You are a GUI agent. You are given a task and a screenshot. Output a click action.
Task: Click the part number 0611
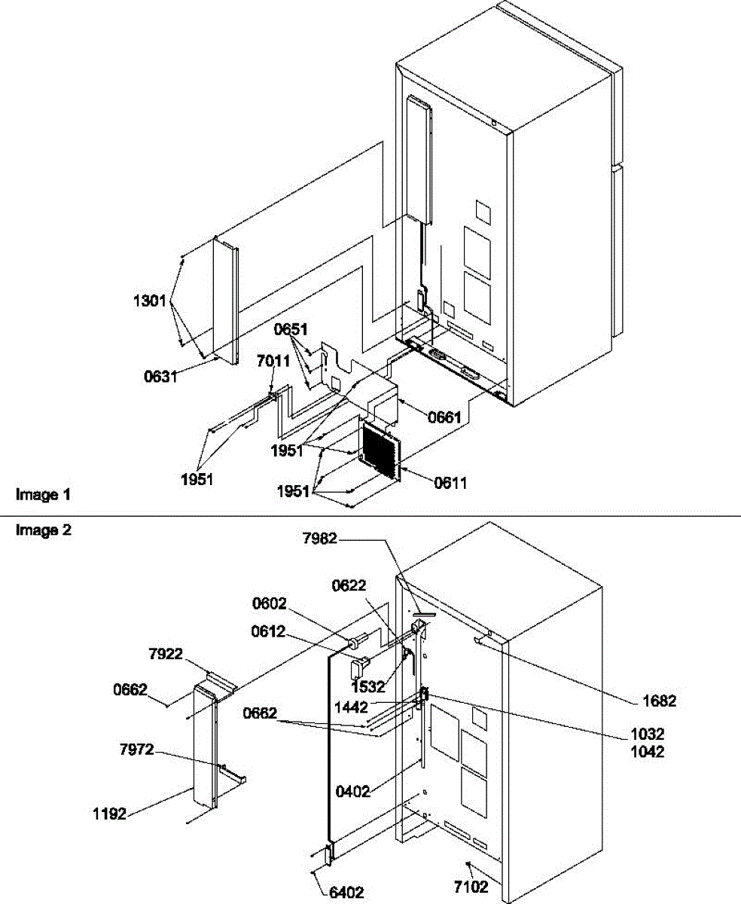point(450,483)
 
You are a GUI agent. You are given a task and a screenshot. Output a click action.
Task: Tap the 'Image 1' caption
point(44,495)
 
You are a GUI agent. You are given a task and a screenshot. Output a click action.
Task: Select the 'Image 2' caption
point(44,530)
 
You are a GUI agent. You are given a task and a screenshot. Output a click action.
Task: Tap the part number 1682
point(659,701)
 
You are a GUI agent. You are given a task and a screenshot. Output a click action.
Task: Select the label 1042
point(647,752)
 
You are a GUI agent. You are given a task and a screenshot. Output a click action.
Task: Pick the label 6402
point(346,893)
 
